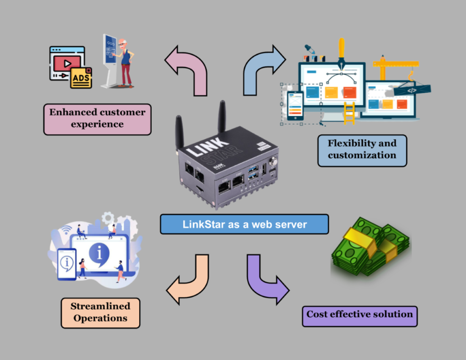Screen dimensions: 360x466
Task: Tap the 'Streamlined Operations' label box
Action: [x=100, y=313]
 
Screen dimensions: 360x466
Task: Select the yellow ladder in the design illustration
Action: [x=349, y=113]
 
